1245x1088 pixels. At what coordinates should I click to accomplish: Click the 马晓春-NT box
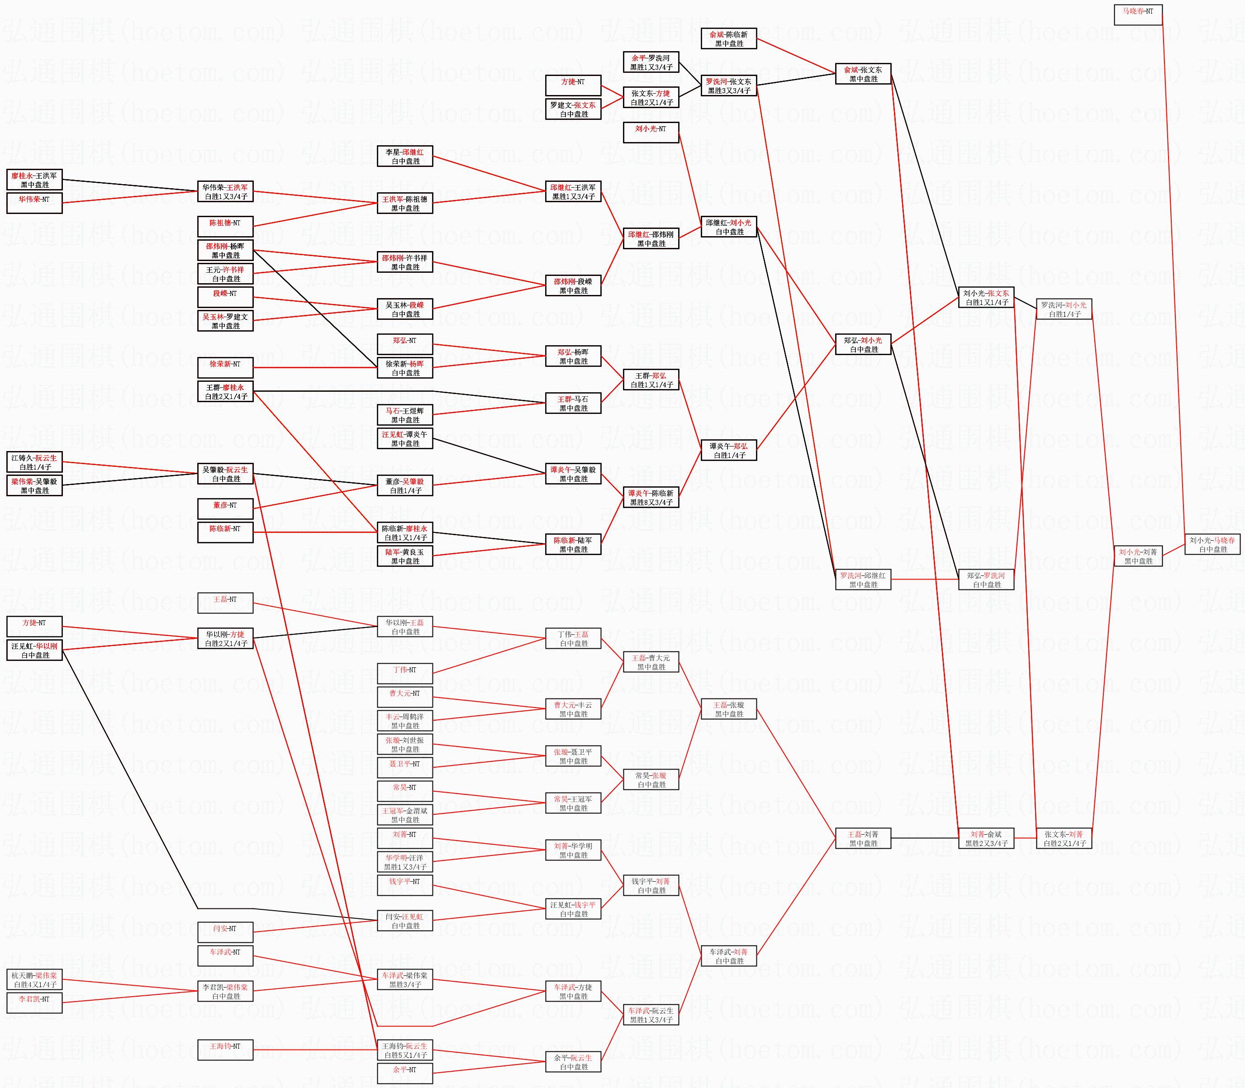click(1138, 14)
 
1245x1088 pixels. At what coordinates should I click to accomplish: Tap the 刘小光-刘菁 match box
click(1138, 556)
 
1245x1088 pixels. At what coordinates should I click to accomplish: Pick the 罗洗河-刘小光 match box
click(1064, 309)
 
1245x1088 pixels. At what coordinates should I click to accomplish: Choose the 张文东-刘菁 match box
click(1064, 838)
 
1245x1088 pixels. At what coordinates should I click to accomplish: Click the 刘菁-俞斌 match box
click(986, 838)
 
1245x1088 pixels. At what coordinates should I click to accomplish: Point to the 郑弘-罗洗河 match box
click(986, 580)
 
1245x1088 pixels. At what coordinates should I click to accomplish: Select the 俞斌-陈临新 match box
click(728, 39)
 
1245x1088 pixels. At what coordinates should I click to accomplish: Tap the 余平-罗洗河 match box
click(651, 62)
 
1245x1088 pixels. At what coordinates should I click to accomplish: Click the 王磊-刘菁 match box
click(863, 838)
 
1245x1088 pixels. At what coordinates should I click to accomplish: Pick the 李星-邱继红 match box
click(405, 157)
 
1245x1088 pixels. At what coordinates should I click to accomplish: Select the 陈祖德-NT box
click(225, 227)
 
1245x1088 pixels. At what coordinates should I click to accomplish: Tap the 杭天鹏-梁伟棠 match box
click(34, 980)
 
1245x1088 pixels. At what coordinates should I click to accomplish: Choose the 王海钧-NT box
click(225, 1050)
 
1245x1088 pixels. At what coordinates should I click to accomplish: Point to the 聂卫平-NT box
click(405, 768)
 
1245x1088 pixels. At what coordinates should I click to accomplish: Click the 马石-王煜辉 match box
click(405, 415)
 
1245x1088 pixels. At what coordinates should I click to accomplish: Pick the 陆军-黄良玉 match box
click(405, 556)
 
